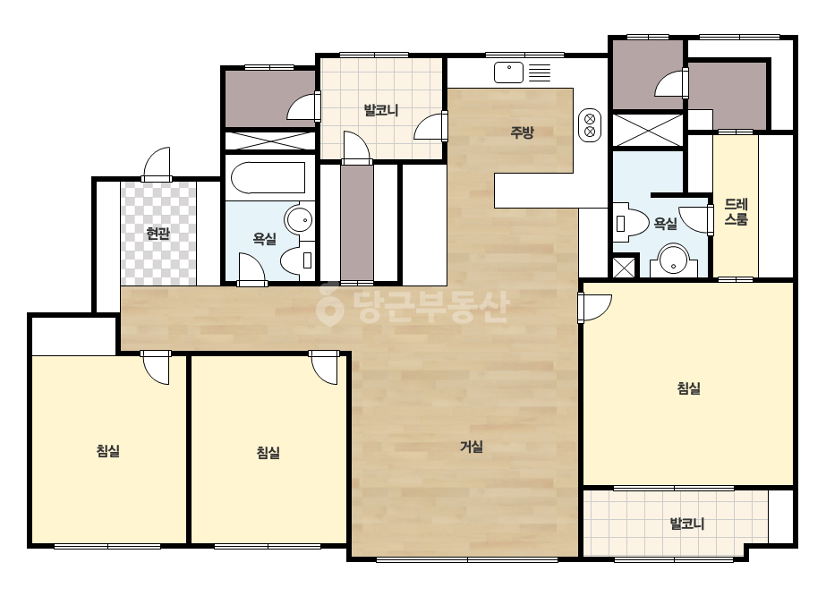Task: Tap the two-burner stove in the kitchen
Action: tap(590, 125)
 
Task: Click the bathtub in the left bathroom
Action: tap(268, 178)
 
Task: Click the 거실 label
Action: tap(472, 447)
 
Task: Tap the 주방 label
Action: tap(522, 132)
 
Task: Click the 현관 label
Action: tap(158, 233)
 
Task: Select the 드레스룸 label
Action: tap(736, 212)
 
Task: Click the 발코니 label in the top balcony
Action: tap(381, 111)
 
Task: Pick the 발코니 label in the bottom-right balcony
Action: tap(687, 524)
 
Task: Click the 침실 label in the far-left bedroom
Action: tap(108, 451)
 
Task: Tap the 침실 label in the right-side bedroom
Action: tap(688, 389)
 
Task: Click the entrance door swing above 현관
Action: tap(158, 165)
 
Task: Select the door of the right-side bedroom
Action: tap(594, 308)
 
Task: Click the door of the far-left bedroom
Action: tap(156, 367)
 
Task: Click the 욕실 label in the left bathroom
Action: tap(265, 239)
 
